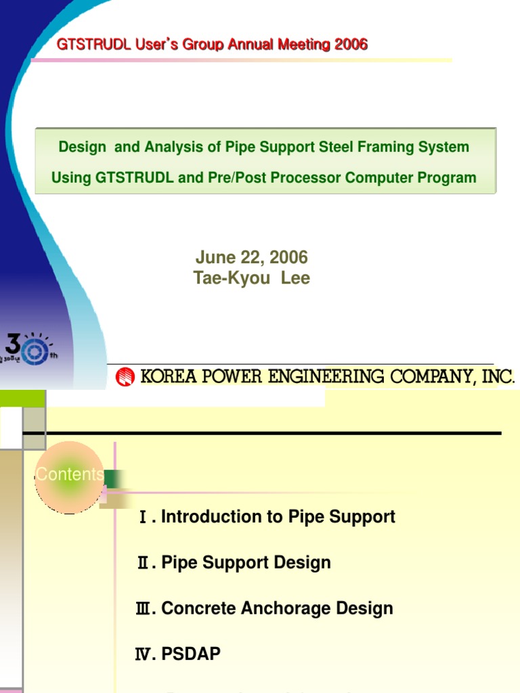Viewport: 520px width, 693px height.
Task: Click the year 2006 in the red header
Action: point(349,45)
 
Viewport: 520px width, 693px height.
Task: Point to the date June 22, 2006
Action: point(251,257)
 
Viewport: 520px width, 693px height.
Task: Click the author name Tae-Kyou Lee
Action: point(252,278)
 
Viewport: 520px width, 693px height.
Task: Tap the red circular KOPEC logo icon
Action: point(125,377)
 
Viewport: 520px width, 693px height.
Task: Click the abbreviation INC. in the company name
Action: point(498,377)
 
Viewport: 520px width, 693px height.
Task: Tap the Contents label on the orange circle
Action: point(69,474)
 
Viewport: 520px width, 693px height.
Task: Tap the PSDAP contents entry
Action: point(191,654)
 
